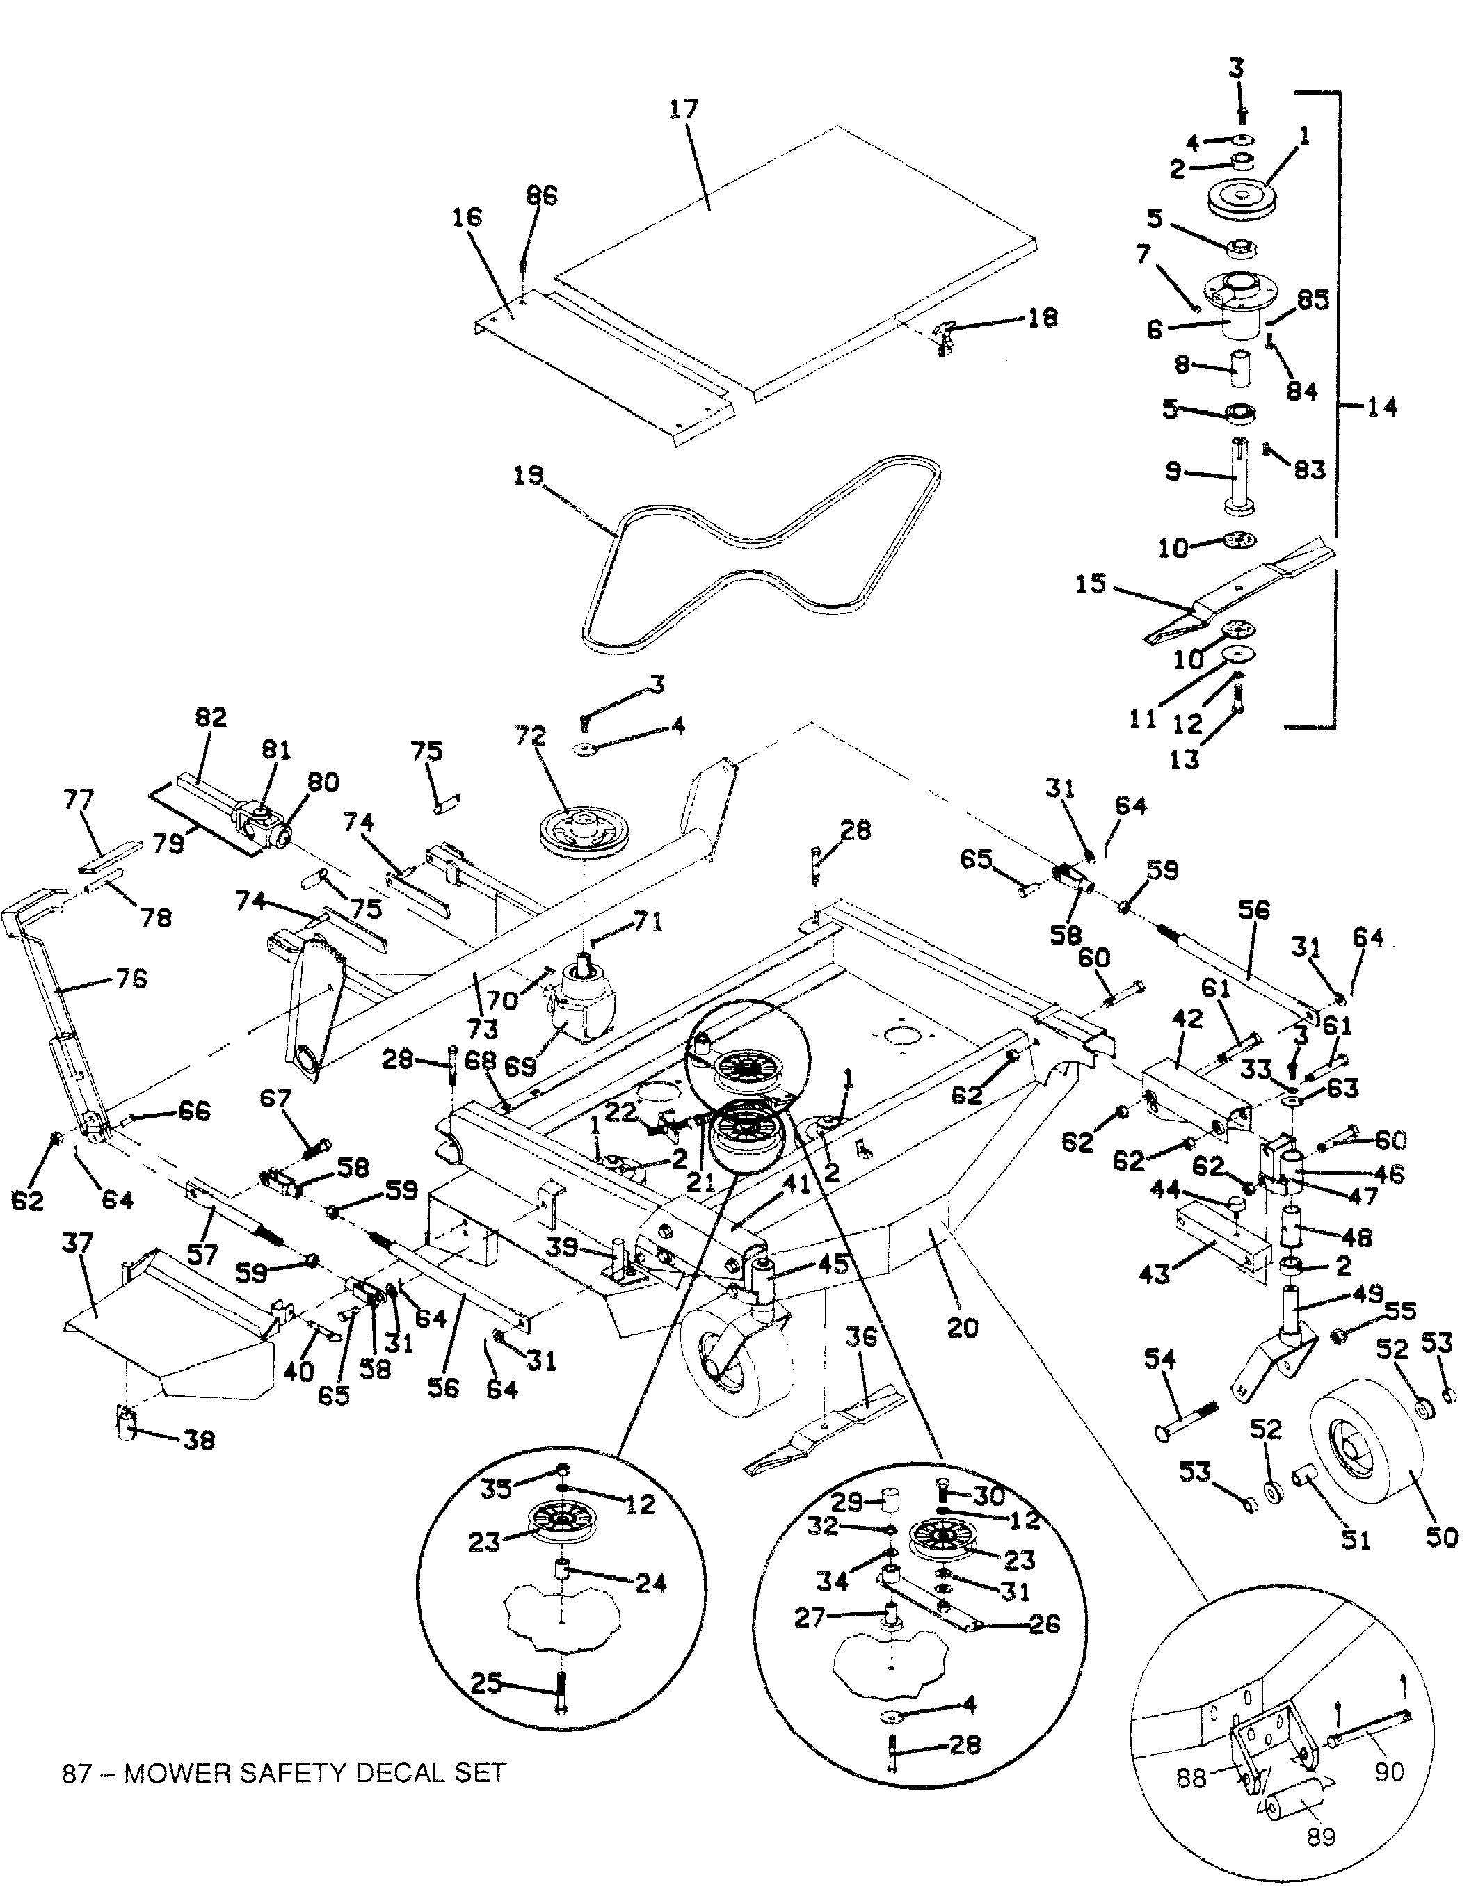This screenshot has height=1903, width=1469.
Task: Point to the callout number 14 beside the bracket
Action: point(1380,406)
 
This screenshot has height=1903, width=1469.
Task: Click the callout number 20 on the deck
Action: point(962,1328)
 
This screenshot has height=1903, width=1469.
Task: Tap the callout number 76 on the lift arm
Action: point(131,979)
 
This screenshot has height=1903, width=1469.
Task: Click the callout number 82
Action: point(210,717)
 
